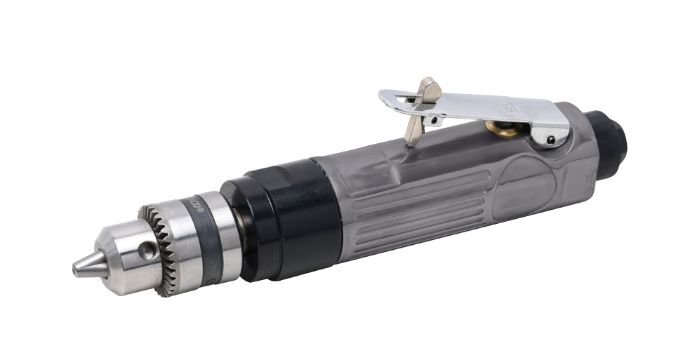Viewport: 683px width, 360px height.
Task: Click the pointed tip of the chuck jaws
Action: (x=79, y=268)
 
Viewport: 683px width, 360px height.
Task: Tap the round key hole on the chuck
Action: (x=148, y=249)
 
